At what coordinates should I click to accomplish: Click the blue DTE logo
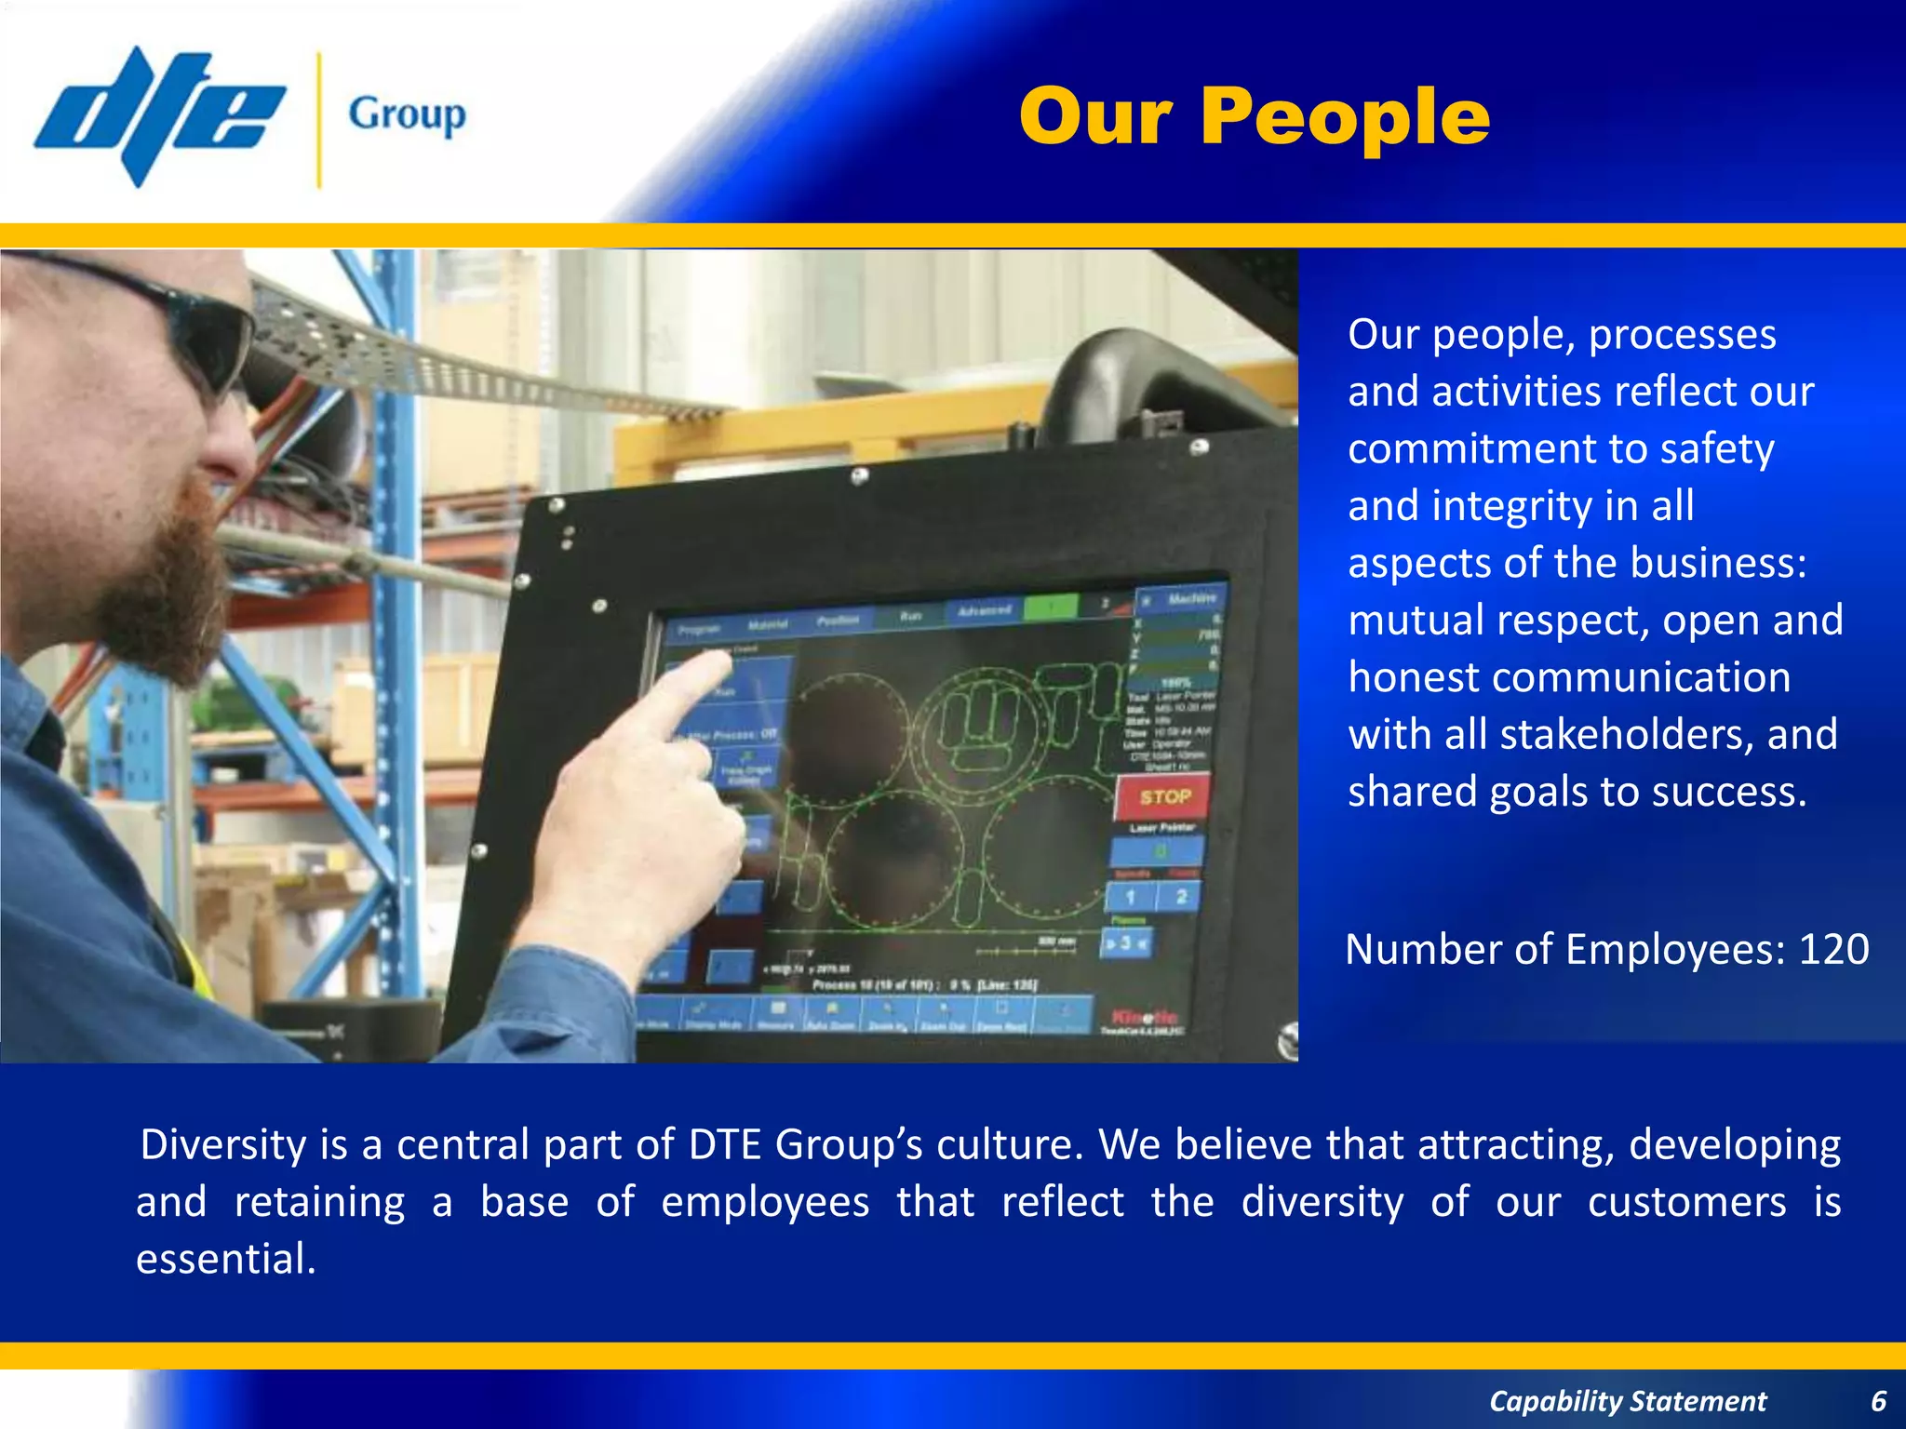coord(158,116)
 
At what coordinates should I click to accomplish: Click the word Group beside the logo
coord(407,115)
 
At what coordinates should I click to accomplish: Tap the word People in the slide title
coord(1345,117)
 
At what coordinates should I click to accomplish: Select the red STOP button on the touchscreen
coord(1164,797)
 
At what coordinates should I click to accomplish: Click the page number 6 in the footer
coord(1878,1400)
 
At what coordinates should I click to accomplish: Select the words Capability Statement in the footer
coord(1627,1400)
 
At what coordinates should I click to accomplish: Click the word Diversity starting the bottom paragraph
coord(223,1144)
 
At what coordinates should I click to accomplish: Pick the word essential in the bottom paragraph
coord(226,1259)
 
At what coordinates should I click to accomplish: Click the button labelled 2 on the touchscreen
coord(1180,897)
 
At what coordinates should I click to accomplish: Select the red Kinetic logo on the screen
coord(1144,1016)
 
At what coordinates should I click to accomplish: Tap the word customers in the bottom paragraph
coord(1686,1202)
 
